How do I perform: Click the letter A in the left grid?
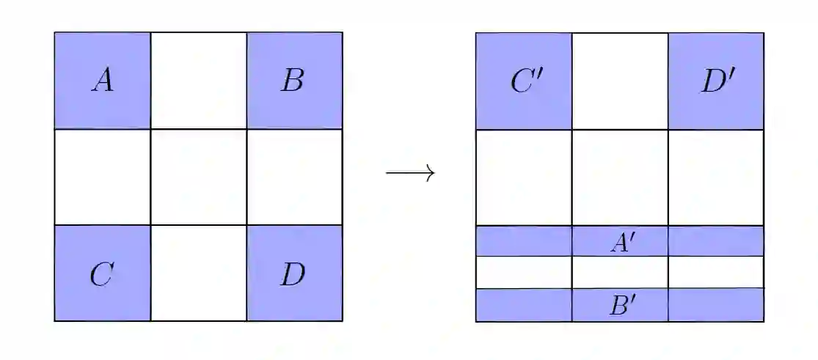(x=102, y=81)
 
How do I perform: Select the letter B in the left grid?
(x=292, y=81)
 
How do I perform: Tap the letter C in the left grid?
(x=101, y=274)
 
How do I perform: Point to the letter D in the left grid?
(x=293, y=274)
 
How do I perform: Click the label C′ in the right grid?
(x=525, y=82)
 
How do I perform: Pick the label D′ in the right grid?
(x=717, y=82)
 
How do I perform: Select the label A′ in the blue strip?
(x=622, y=242)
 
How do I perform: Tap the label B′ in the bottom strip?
(x=622, y=305)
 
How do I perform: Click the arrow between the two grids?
(x=411, y=173)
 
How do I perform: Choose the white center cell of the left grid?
(x=198, y=177)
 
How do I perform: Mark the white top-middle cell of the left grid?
(x=198, y=81)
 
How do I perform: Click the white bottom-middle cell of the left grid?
(x=198, y=273)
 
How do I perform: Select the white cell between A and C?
(x=102, y=177)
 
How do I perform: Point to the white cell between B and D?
(x=294, y=177)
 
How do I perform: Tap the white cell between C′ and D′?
(x=620, y=81)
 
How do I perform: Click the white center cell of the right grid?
(x=620, y=177)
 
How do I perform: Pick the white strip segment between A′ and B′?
(x=620, y=272)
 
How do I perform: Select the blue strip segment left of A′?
(x=524, y=241)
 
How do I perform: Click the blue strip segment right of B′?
(x=716, y=305)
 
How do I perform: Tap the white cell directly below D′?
(x=716, y=177)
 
